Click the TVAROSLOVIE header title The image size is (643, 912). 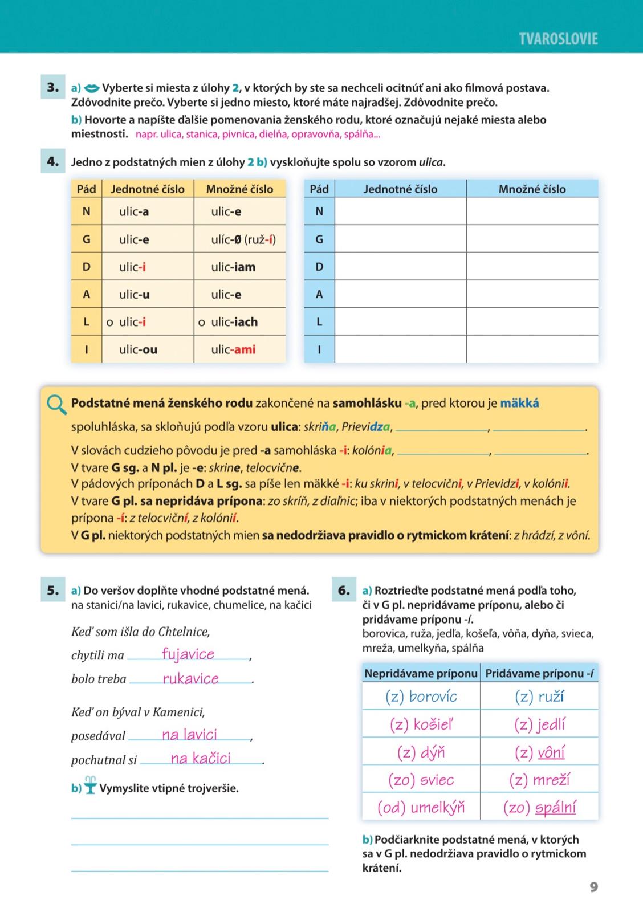(x=558, y=39)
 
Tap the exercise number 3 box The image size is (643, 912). (x=53, y=88)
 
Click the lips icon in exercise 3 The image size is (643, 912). (x=91, y=88)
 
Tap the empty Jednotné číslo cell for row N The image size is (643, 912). (x=400, y=211)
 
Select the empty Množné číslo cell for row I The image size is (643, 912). (x=532, y=349)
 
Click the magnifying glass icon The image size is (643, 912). (x=56, y=405)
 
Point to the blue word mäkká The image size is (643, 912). (x=519, y=404)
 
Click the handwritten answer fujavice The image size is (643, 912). (x=188, y=654)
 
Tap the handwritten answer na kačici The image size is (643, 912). (x=201, y=758)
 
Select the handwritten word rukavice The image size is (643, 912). (x=191, y=678)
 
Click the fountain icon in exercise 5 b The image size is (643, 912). (x=90, y=785)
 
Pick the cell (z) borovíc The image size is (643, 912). (x=421, y=697)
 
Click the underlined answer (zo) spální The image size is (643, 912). (x=539, y=807)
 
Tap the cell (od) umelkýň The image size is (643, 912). (x=421, y=807)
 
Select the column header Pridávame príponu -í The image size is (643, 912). (x=539, y=673)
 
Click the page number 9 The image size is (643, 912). (x=593, y=887)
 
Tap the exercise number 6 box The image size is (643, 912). (x=344, y=591)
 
